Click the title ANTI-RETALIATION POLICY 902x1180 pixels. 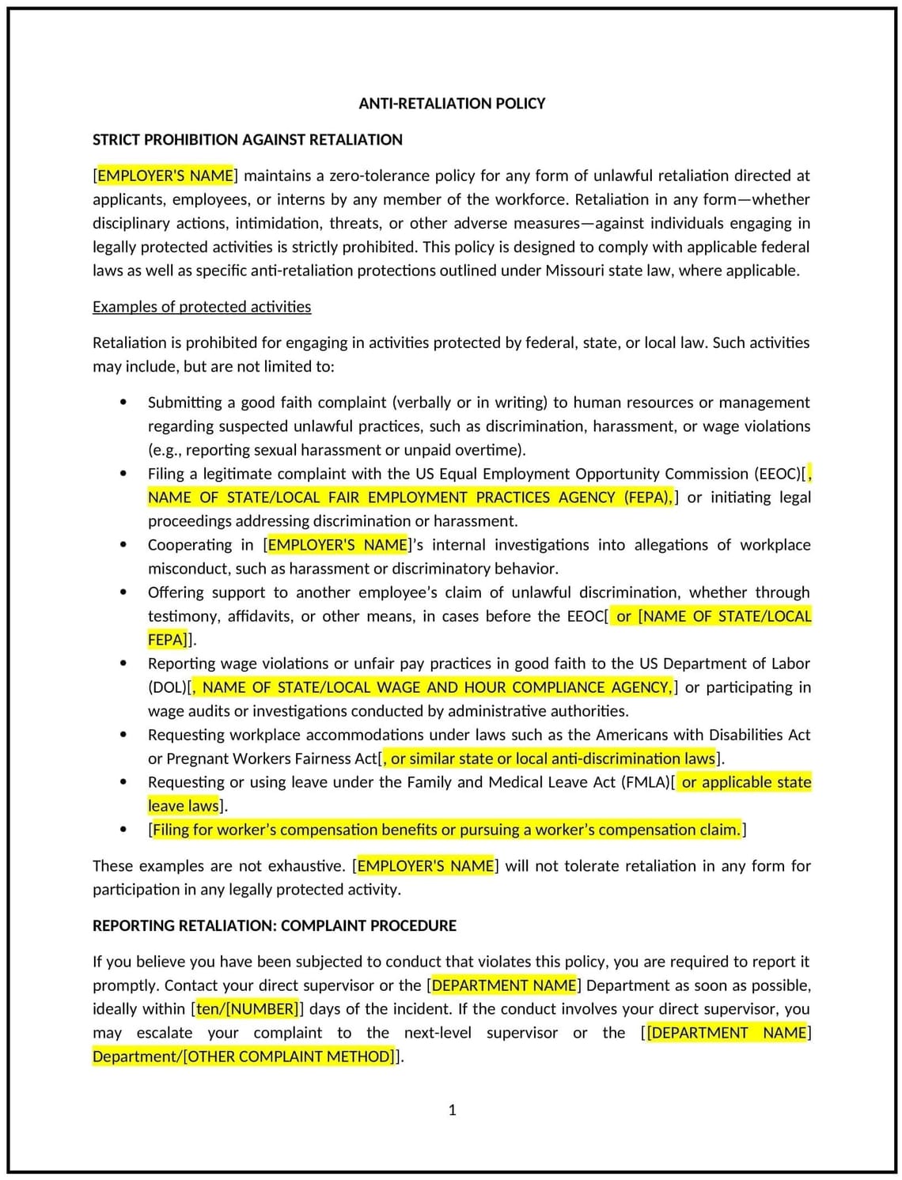452,104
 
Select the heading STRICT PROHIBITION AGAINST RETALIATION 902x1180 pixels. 247,140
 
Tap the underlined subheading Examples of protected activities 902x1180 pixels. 202,307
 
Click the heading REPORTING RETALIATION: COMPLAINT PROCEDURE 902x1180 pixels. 274,925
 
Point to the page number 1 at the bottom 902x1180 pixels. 452,1110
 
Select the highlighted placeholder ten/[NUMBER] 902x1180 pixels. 246,1009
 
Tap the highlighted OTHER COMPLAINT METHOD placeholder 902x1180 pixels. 289,1057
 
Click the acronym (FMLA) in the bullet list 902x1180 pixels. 645,782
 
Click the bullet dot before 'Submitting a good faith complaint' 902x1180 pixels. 123,402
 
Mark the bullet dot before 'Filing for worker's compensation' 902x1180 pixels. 123,830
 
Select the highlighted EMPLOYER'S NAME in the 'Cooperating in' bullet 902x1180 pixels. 338,545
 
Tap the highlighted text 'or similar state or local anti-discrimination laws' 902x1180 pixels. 552,758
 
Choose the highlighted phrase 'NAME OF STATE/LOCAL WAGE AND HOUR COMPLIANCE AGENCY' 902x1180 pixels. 437,687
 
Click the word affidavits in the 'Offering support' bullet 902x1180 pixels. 260,616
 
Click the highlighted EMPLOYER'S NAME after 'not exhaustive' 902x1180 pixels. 425,866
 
